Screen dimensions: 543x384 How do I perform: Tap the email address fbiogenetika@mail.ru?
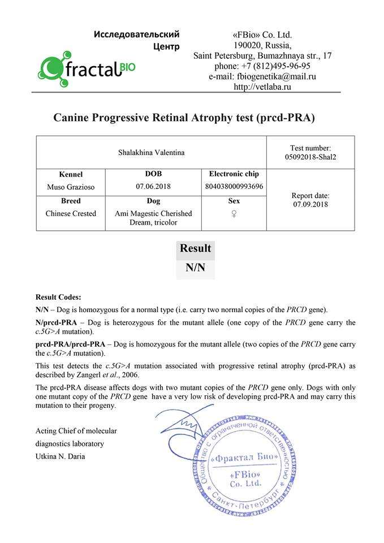click(x=262, y=76)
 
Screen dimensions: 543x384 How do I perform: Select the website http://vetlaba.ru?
click(x=262, y=87)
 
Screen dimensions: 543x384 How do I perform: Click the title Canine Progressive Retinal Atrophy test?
click(x=184, y=118)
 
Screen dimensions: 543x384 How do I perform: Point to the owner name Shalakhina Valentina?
click(x=151, y=152)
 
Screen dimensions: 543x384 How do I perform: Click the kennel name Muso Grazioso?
click(x=70, y=186)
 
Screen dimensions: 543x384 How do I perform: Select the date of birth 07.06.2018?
click(x=153, y=186)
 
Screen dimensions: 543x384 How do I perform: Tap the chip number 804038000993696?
click(x=234, y=186)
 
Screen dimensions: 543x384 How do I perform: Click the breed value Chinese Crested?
click(x=71, y=213)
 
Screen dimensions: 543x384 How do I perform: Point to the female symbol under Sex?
click(x=234, y=214)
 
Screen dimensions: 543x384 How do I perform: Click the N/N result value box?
click(x=195, y=268)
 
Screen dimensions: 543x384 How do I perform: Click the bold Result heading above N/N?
click(x=195, y=248)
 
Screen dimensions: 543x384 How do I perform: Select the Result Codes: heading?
click(x=58, y=297)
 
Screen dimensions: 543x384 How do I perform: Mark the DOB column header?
click(x=153, y=174)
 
